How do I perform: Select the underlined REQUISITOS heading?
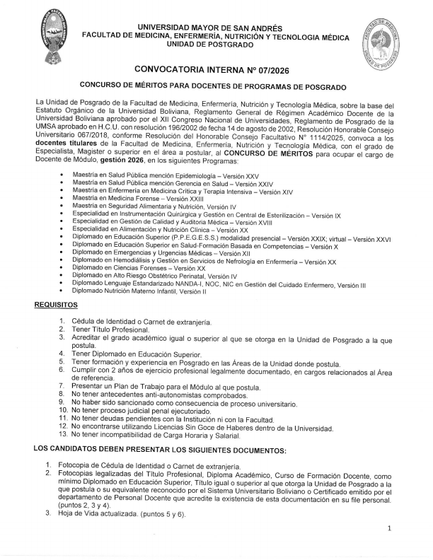(56, 304)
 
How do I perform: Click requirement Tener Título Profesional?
(110, 329)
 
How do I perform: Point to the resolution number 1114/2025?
(318, 136)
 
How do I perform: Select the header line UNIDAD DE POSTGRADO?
(216, 44)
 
